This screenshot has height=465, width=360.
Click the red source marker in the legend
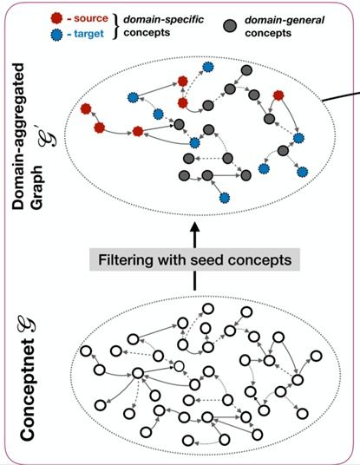click(x=56, y=18)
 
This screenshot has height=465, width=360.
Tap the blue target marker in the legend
click(x=56, y=35)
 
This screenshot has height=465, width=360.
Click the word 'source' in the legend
click(x=91, y=18)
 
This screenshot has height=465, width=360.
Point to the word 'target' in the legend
click(x=88, y=34)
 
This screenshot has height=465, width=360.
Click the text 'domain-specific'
click(x=163, y=20)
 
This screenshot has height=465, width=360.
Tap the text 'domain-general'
click(x=285, y=20)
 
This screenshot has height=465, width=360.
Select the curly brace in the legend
click(x=115, y=26)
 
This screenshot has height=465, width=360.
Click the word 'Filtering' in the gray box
click(x=124, y=260)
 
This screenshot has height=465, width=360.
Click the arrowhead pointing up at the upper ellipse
click(x=195, y=228)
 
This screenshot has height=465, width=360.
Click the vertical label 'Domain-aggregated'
click(x=19, y=136)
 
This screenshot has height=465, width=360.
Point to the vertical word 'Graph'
click(x=37, y=187)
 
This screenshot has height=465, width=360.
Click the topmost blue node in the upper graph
click(x=207, y=68)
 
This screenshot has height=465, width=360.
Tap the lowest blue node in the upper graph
click(x=225, y=198)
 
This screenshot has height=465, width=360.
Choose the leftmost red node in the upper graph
click(x=86, y=108)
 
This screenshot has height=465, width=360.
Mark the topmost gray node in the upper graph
click(x=246, y=70)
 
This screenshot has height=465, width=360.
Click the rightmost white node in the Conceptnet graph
click(x=317, y=356)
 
